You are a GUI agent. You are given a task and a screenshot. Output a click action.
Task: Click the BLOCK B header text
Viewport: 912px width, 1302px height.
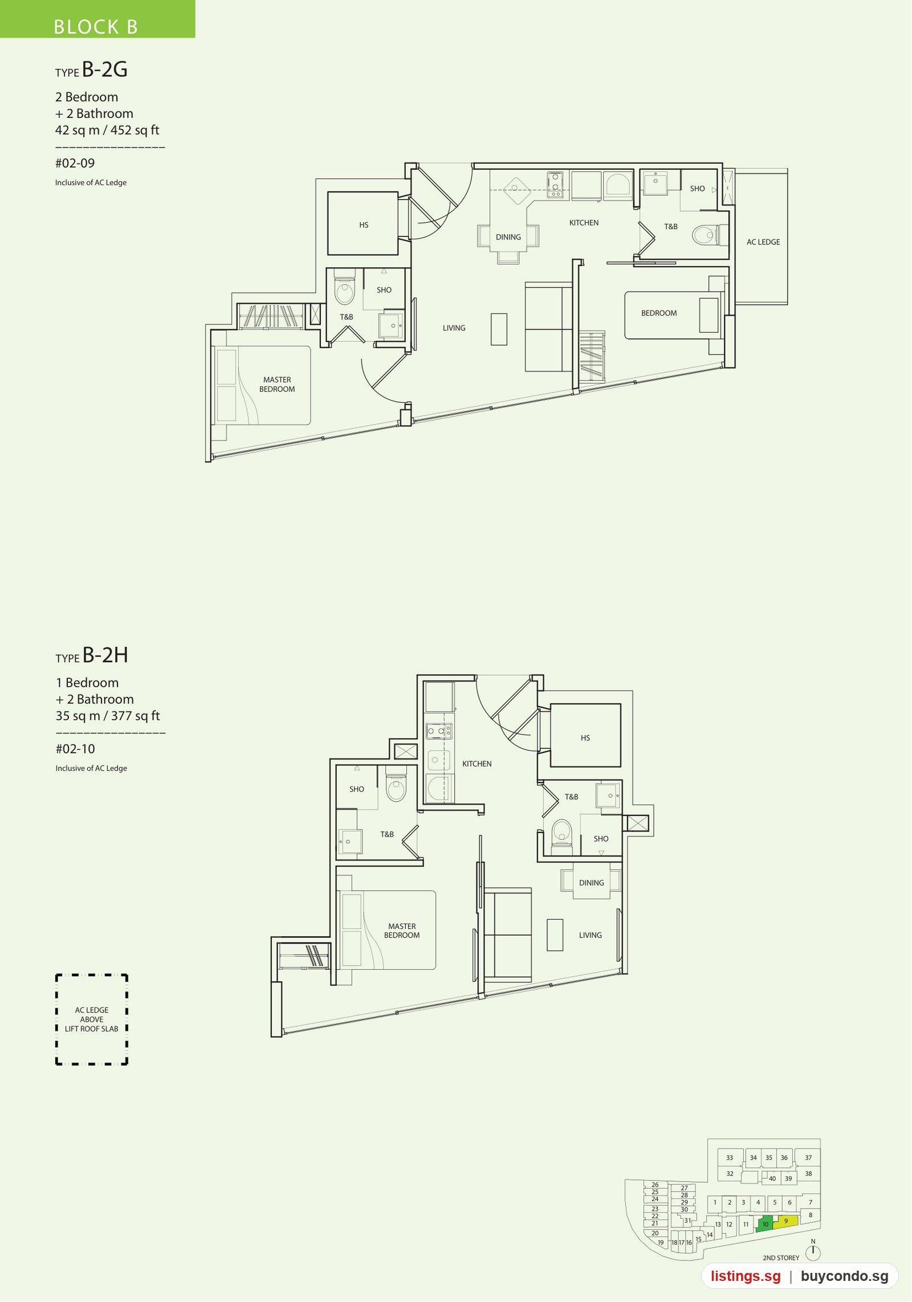pyautogui.click(x=96, y=27)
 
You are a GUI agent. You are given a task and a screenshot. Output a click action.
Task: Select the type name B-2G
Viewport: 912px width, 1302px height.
pyautogui.click(x=105, y=70)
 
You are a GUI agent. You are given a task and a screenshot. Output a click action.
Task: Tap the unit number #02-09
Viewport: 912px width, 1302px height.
pyautogui.click(x=75, y=163)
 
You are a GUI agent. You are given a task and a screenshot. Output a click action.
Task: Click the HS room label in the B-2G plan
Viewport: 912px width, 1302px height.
pyautogui.click(x=364, y=225)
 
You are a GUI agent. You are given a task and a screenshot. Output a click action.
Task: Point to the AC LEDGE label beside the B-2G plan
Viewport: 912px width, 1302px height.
pyautogui.click(x=763, y=242)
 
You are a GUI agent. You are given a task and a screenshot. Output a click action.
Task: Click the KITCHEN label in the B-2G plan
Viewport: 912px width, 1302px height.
pyautogui.click(x=584, y=223)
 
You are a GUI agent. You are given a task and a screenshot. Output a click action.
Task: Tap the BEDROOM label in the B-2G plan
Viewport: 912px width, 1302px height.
pyautogui.click(x=659, y=313)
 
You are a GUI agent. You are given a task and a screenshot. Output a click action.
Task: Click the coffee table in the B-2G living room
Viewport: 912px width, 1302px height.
pyautogui.click(x=499, y=329)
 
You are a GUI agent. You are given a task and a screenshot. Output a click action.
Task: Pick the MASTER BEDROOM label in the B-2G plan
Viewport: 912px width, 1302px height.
pyautogui.click(x=277, y=385)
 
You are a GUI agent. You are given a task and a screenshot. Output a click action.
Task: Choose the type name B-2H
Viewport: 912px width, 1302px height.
pyautogui.click(x=105, y=655)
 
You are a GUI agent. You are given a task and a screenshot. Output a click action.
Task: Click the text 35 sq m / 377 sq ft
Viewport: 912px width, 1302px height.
pyautogui.click(x=108, y=716)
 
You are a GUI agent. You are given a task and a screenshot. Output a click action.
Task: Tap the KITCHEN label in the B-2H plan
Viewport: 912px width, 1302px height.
pyautogui.click(x=477, y=764)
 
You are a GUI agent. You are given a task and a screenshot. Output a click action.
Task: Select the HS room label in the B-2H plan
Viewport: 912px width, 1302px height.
pyautogui.click(x=585, y=738)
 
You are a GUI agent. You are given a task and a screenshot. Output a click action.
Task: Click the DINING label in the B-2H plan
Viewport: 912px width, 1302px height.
pyautogui.click(x=592, y=883)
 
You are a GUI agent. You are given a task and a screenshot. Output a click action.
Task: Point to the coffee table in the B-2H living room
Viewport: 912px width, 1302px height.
pyautogui.click(x=555, y=934)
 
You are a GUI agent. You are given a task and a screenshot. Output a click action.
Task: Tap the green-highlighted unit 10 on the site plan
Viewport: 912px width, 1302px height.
pyautogui.click(x=764, y=1224)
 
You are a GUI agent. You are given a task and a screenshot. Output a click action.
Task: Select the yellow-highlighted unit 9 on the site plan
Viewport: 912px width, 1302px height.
pyautogui.click(x=785, y=1222)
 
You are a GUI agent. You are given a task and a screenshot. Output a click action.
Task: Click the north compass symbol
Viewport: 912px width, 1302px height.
pyautogui.click(x=813, y=1252)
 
